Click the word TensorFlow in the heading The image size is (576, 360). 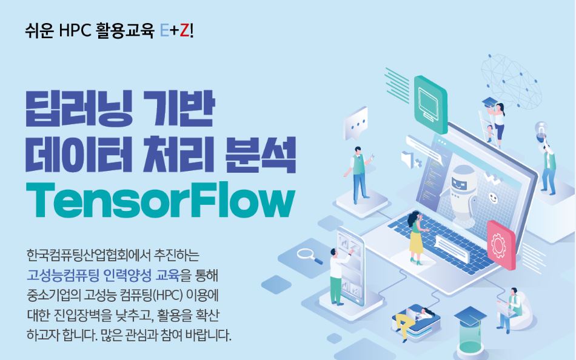(x=161, y=202)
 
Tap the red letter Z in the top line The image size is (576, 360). (x=184, y=32)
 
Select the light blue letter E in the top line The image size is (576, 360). (x=164, y=32)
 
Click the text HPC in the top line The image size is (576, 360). (x=74, y=32)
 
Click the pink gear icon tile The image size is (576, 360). (x=501, y=245)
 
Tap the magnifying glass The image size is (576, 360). (x=310, y=256)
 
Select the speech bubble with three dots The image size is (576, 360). (x=355, y=124)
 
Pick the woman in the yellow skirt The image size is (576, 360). (x=417, y=238)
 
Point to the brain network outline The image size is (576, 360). (x=511, y=82)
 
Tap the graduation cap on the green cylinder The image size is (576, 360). (x=471, y=316)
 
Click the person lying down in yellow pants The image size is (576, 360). (x=414, y=319)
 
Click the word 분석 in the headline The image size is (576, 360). (x=260, y=155)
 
